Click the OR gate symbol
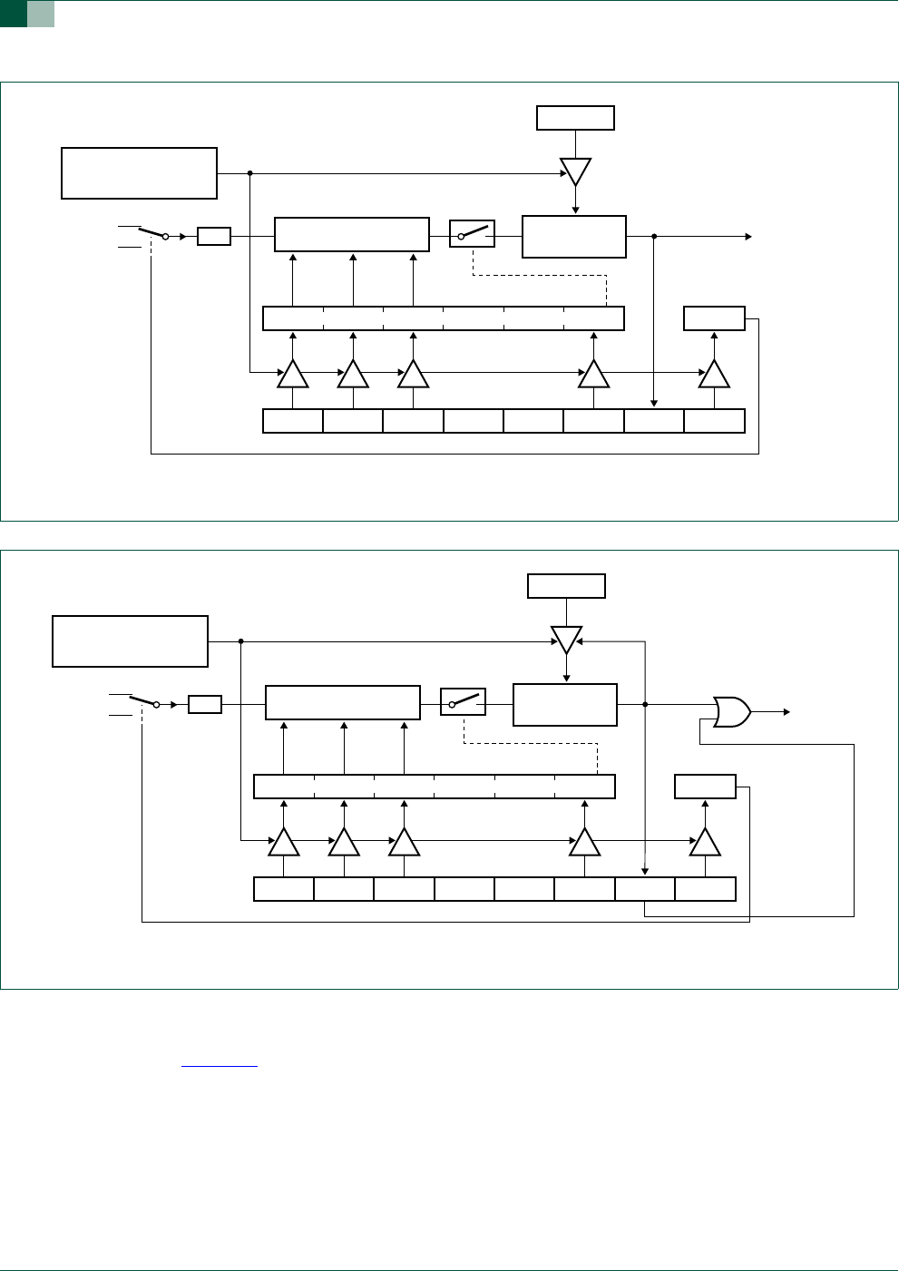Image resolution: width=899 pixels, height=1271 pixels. (731, 712)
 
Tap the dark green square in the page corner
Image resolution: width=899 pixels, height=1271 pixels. (13, 14)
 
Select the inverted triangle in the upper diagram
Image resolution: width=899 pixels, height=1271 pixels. (575, 171)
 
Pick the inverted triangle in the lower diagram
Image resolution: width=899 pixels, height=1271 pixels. (566, 640)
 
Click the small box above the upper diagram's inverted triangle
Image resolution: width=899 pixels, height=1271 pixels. (575, 118)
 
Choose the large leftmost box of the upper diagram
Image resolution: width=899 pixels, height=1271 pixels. (139, 172)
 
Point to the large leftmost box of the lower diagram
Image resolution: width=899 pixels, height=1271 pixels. (130, 641)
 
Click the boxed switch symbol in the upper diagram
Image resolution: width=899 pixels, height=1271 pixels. (472, 234)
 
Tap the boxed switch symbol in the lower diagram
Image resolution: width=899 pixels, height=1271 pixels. (463, 702)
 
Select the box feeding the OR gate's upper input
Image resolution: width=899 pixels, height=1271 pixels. (564, 705)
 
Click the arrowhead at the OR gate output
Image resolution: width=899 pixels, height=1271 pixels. (787, 712)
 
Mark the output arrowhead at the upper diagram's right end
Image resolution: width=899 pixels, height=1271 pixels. (748, 237)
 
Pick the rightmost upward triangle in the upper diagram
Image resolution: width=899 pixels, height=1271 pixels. (714, 374)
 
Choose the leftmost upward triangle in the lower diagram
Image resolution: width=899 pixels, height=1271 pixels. (284, 843)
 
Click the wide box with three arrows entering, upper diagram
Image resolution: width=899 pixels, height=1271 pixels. (351, 234)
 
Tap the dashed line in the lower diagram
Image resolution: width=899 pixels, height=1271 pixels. (531, 744)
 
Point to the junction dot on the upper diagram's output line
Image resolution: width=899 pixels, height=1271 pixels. (654, 237)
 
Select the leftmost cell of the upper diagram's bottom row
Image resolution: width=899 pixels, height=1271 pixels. (292, 421)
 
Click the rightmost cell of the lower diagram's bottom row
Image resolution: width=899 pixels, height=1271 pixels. (705, 889)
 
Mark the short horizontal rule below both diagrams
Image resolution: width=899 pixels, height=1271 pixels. (220, 1067)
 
